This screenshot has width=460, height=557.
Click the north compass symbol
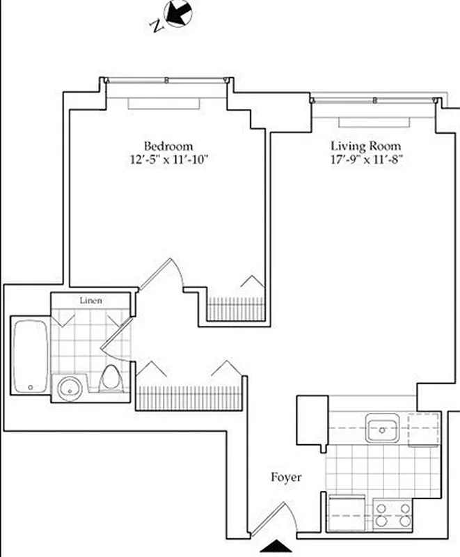tap(177, 14)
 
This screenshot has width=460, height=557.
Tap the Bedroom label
tap(168, 146)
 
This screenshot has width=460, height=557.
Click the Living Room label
tap(365, 146)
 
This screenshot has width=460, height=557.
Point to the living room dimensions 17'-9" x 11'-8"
tap(366, 159)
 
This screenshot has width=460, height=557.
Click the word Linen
tap(91, 301)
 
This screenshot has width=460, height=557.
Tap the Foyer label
tap(286, 478)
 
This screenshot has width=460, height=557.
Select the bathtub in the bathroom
tap(31, 355)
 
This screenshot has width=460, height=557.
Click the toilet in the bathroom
tap(109, 379)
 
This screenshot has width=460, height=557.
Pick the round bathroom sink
tap(69, 388)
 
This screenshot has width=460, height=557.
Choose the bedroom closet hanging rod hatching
tap(237, 309)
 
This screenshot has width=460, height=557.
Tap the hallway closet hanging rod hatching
tap(189, 398)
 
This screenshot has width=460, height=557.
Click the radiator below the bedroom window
tap(164, 103)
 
